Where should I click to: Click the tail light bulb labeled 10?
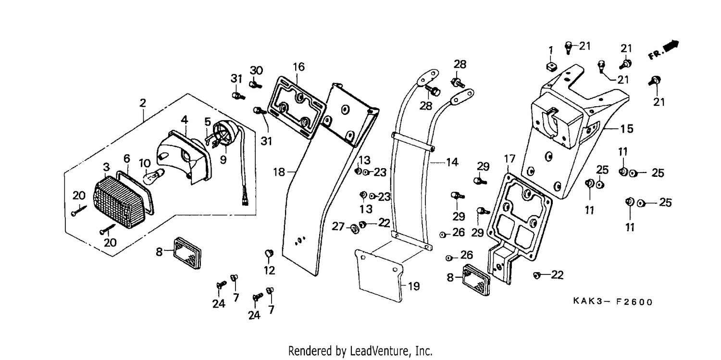(153, 176)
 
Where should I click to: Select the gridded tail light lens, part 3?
(119, 202)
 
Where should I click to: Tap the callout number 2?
(143, 103)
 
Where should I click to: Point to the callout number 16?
(298, 67)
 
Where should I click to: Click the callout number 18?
(279, 172)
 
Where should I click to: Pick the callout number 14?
(452, 162)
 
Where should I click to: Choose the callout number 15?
(626, 129)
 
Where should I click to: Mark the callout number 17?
(510, 159)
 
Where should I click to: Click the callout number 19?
(413, 286)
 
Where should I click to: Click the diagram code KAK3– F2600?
(613, 302)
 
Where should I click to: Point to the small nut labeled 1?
(551, 67)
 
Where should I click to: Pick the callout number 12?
(269, 270)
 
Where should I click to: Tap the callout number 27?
(338, 226)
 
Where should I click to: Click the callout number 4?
(184, 120)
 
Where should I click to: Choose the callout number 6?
(127, 158)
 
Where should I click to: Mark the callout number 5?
(208, 122)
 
